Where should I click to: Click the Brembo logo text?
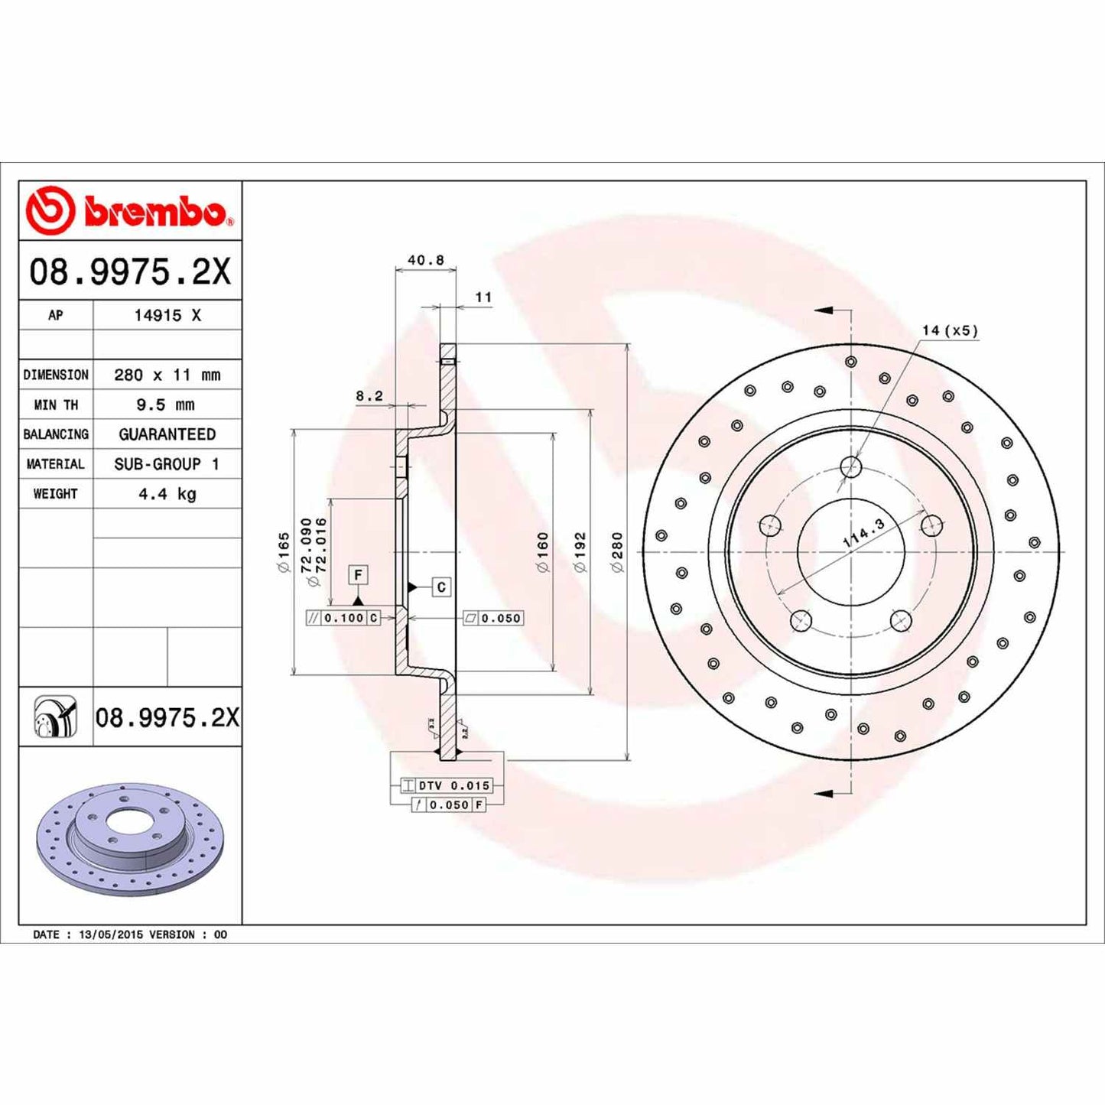coord(153,211)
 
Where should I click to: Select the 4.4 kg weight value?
coord(167,494)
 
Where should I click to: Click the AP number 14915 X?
coord(167,315)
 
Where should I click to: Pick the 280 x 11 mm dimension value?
coord(167,375)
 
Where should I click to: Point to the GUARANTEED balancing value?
coord(167,434)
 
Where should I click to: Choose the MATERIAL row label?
coord(55,464)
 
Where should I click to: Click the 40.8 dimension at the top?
coord(425,260)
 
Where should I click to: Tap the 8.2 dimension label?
coord(369,395)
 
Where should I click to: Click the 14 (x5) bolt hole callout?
coord(949,330)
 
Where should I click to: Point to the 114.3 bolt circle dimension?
coord(863,532)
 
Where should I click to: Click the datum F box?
coord(358,574)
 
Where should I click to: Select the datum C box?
coord(440,587)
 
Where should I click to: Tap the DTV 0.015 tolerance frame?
coord(447,785)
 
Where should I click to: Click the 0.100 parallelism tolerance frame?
coord(343,618)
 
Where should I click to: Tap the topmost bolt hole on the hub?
coord(850,466)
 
